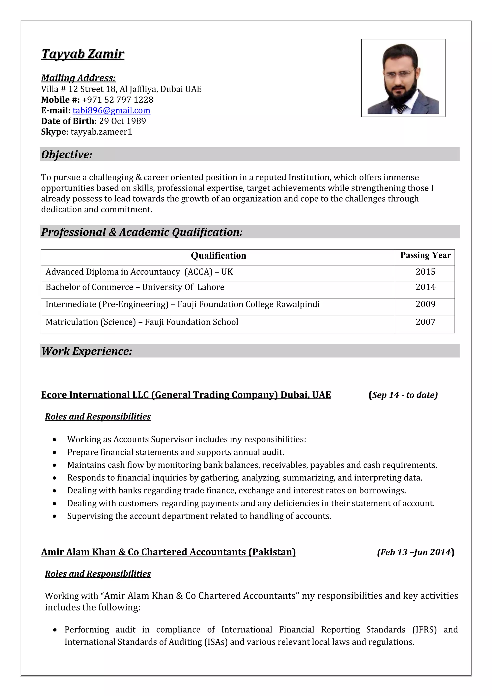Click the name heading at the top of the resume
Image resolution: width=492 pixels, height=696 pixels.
83,54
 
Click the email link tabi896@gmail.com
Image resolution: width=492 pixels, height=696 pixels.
111,110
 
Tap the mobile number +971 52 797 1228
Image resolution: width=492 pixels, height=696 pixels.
117,100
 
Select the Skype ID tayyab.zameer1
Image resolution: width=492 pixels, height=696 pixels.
101,132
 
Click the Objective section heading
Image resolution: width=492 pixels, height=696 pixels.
67,155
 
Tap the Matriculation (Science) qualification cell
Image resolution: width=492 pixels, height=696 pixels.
142,322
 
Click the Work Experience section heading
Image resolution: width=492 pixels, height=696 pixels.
87,351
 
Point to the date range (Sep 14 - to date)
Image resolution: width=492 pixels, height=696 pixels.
403,395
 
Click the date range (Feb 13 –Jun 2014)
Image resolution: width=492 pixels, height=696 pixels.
415,552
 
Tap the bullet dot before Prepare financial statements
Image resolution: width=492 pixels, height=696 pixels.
55,453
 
